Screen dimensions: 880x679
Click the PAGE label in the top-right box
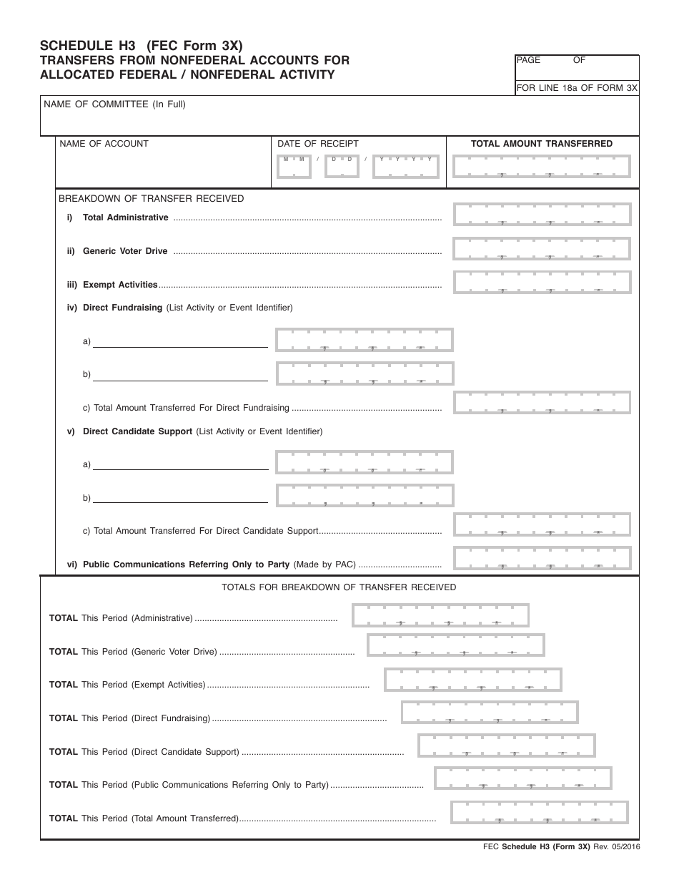(528, 61)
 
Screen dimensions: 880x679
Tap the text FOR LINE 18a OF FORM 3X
(576, 88)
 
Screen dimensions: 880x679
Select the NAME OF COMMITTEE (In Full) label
(114, 104)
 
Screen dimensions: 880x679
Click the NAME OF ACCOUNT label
(104, 144)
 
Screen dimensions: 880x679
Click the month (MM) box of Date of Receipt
(294, 166)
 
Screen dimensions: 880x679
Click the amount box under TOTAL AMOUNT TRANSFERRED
(542, 166)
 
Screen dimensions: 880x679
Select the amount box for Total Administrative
(542, 215)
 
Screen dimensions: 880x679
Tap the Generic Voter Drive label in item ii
(125, 251)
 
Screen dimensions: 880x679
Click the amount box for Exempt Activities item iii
(542, 282)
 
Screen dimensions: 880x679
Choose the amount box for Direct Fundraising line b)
(365, 373)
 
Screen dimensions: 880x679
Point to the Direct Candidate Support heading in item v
(137, 431)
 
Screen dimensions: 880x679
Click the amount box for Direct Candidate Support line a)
(365, 462)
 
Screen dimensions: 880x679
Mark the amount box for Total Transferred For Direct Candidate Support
(542, 524)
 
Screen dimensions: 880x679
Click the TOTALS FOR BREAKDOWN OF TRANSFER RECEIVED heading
(339, 587)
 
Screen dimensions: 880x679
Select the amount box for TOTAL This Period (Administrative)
(440, 615)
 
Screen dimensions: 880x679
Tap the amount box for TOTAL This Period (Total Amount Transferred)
(540, 813)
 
